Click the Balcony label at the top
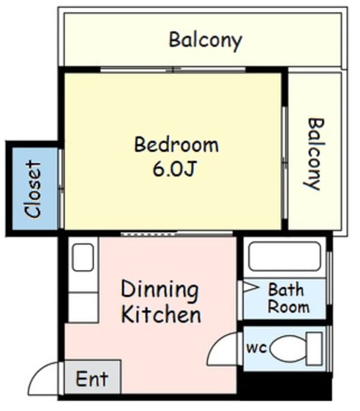pos(205,41)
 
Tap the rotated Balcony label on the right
pos(314,154)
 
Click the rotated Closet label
pos(34,189)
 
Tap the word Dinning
pos(160,290)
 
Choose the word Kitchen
pos(161,314)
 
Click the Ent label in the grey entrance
pos(92,379)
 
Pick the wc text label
pos(256,348)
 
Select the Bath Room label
pos(288,298)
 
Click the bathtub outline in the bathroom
pos(284,256)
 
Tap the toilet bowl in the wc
pos(288,349)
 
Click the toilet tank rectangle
pos(314,349)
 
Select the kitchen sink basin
pos(83,257)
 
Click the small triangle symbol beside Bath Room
pos(250,287)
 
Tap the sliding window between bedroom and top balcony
pos(173,70)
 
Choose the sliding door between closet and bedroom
pos(61,189)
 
